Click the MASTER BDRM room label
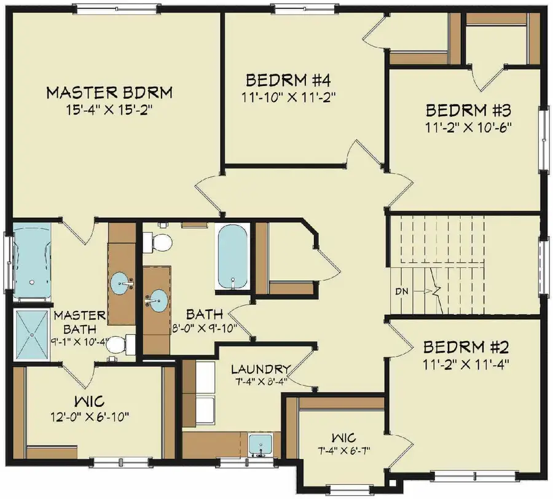tap(109, 93)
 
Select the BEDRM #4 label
tap(288, 81)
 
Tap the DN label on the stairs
tap(402, 289)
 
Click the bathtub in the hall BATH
tap(232, 256)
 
